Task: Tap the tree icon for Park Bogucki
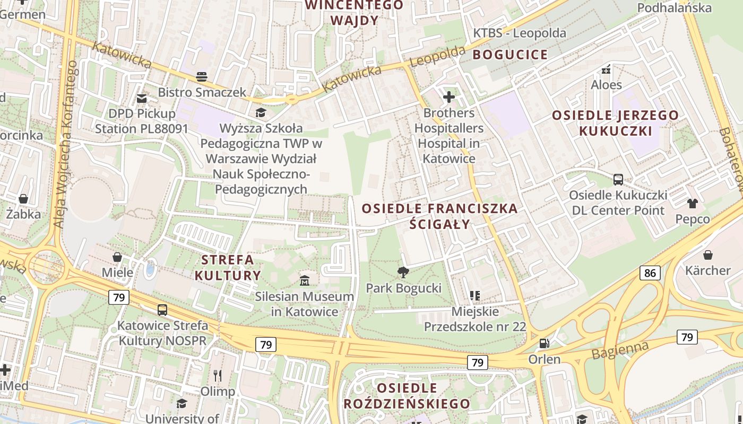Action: click(403, 272)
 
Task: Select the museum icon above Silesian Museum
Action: click(305, 280)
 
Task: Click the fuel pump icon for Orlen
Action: click(544, 343)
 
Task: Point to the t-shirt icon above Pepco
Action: click(692, 203)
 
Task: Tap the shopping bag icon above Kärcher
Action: click(707, 255)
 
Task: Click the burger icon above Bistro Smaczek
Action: click(202, 76)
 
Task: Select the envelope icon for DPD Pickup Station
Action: click(142, 98)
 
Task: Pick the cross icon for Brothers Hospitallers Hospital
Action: click(449, 97)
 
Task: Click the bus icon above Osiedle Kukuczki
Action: click(618, 179)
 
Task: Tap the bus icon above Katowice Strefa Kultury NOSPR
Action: click(162, 310)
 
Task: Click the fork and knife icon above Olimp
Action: click(218, 376)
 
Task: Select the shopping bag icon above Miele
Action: click(117, 257)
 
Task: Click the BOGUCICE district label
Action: click(510, 55)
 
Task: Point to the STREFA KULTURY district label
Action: click(228, 268)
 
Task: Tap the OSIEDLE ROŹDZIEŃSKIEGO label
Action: click(407, 395)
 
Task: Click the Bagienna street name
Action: click(620, 350)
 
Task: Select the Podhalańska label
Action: click(674, 7)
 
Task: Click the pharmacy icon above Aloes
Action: click(606, 69)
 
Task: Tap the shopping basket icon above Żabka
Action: click(23, 199)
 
